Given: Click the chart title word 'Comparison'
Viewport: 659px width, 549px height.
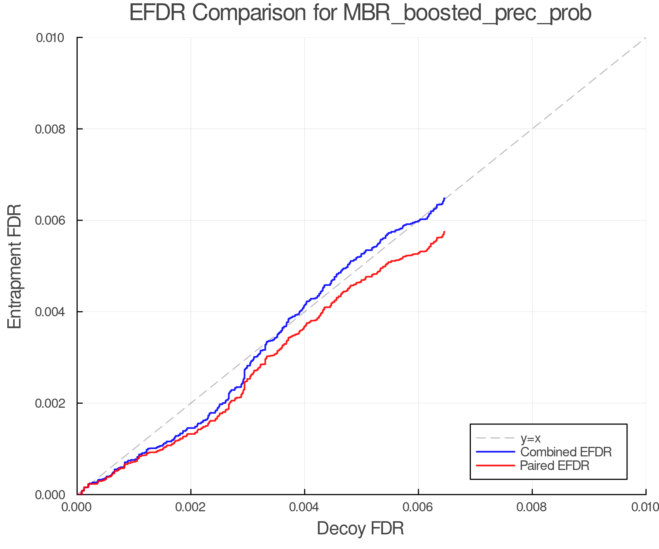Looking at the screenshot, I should [x=249, y=13].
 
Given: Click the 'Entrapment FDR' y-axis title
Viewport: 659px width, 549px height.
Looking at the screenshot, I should [x=15, y=266].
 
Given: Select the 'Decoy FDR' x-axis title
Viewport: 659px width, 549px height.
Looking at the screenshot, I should [x=360, y=529].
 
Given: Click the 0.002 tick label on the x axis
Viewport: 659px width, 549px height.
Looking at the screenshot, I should [x=191, y=507].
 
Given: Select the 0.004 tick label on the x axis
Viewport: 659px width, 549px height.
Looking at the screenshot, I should [x=305, y=507].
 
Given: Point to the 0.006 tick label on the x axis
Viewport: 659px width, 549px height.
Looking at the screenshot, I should [x=418, y=507].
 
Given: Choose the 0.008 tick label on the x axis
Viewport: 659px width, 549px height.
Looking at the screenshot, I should [x=532, y=507].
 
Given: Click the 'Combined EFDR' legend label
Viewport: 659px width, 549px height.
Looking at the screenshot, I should [x=566, y=452].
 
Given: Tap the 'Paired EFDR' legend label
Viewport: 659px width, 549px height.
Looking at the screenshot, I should [x=555, y=466].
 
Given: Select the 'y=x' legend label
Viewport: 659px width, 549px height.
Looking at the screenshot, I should [x=530, y=438].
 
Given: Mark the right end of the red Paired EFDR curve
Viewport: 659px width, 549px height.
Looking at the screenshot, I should [x=444, y=232].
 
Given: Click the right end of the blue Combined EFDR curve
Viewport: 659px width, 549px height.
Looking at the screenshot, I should [x=444, y=198].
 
